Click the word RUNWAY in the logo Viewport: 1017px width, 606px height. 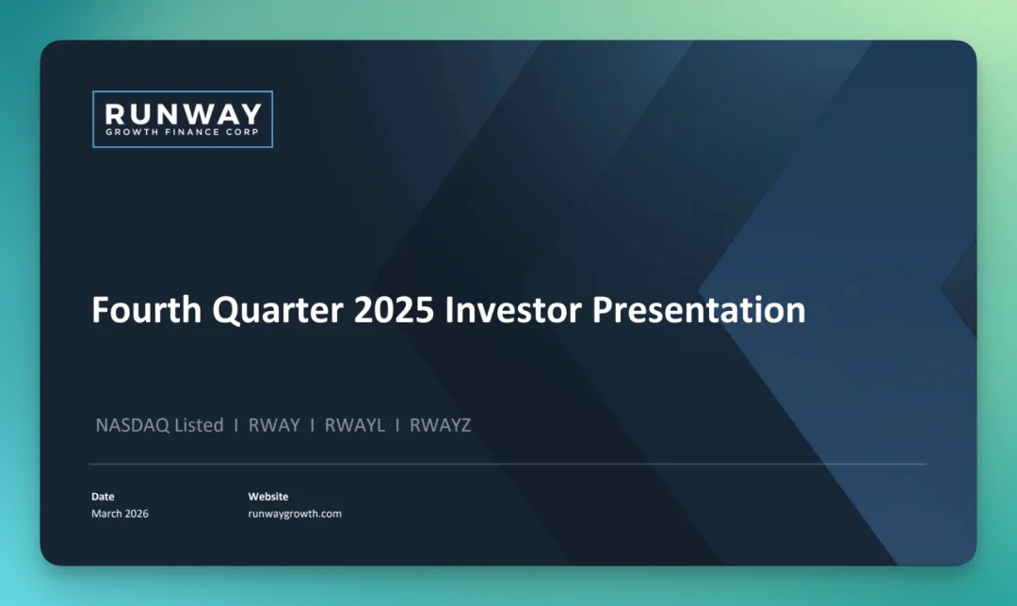coord(183,114)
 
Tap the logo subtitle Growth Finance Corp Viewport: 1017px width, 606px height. coord(183,132)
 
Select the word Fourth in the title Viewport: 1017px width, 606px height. coord(147,309)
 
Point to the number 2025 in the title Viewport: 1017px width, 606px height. coord(394,309)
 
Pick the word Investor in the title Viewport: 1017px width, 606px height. coord(513,309)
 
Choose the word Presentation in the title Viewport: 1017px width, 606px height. coord(699,310)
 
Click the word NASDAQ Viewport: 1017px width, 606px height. coord(133,425)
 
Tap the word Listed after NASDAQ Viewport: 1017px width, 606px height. coord(199,425)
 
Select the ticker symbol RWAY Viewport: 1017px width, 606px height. coord(274,425)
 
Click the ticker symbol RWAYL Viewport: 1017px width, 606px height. coord(355,425)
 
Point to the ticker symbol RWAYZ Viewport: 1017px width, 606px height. coord(441,425)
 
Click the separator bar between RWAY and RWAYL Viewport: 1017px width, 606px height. coord(313,425)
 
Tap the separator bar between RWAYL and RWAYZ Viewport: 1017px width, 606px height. coord(397,425)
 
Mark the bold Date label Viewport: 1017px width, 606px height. coord(103,497)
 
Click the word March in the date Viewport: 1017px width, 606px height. coord(106,514)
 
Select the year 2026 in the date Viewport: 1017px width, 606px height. coord(137,514)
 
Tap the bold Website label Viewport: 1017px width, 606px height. coord(267,497)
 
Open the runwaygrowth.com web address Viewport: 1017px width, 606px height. coord(295,514)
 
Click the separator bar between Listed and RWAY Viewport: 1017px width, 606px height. coord(236,425)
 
